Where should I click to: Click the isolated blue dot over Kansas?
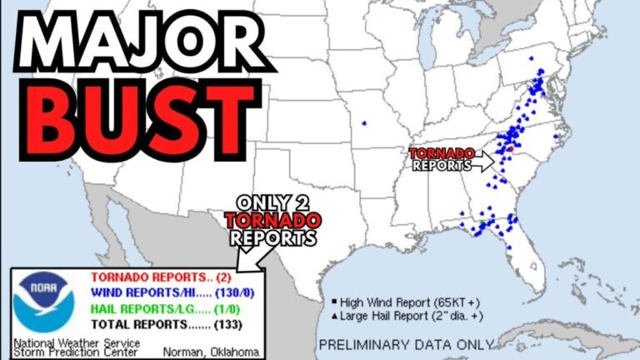pos(364,123)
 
